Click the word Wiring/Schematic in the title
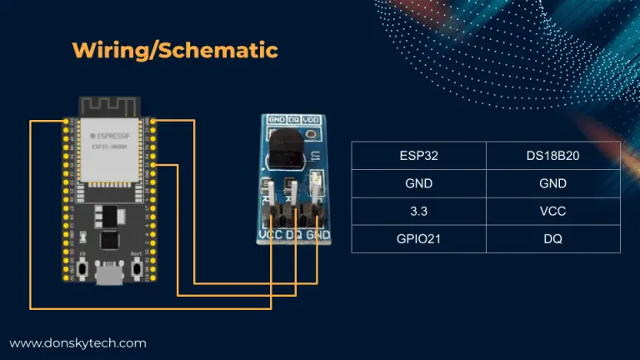174,50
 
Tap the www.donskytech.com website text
78,342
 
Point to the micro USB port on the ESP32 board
108,276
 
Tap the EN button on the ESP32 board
84,270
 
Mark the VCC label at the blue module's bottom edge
270,235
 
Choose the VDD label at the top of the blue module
310,121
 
